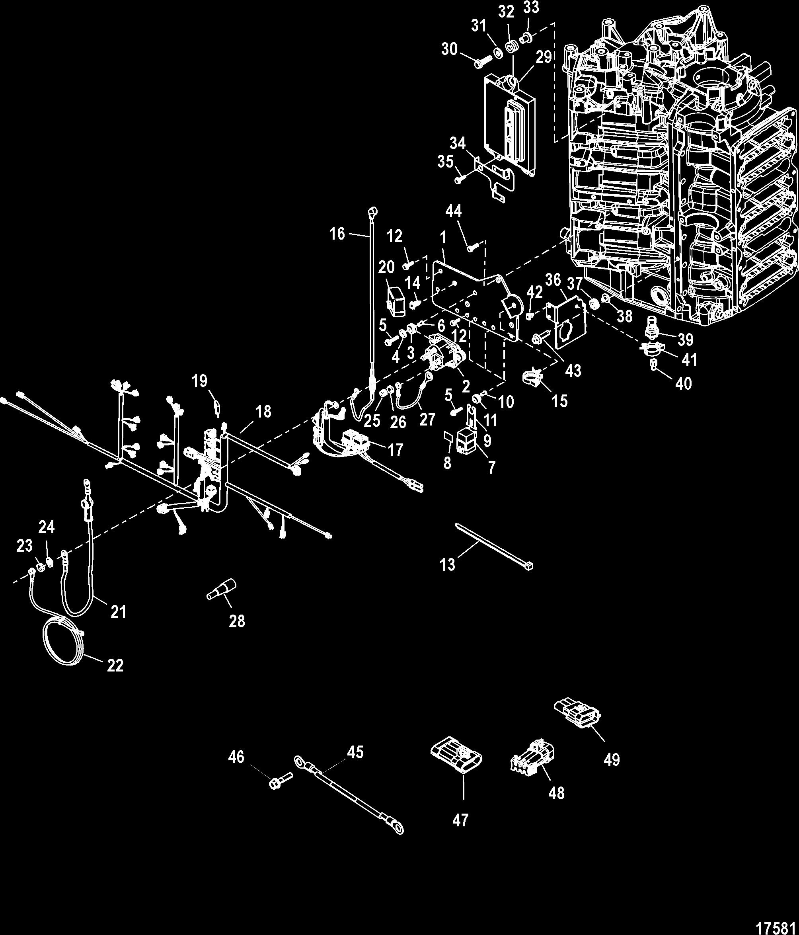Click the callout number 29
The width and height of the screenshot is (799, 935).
(544, 57)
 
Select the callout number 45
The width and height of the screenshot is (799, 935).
(355, 752)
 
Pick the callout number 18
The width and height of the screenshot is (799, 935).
(264, 412)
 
